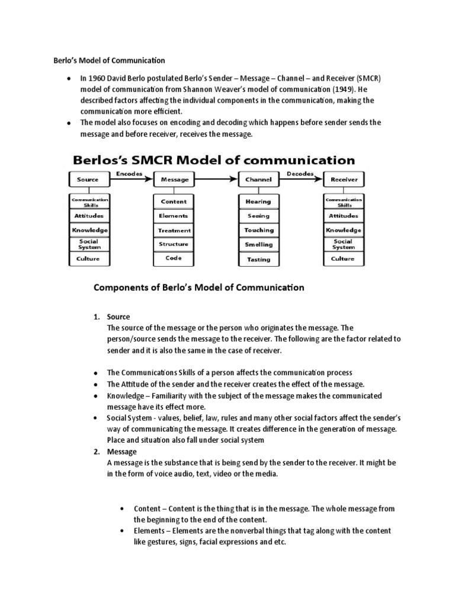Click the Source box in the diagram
pos(88,178)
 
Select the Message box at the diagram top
pos(174,178)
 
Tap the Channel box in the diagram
pos(258,178)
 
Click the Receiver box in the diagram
pos(344,178)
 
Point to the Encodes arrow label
pos(129,173)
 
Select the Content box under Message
pos(174,202)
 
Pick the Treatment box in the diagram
pos(174,230)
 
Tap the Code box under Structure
pos(174,258)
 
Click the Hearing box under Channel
pos(258,202)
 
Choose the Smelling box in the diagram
pos(258,244)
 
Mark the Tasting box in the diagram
pos(258,259)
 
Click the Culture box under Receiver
pos(344,258)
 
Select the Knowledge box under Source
pos(88,230)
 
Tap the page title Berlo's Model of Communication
pos(106,60)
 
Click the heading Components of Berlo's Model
pos(199,288)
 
